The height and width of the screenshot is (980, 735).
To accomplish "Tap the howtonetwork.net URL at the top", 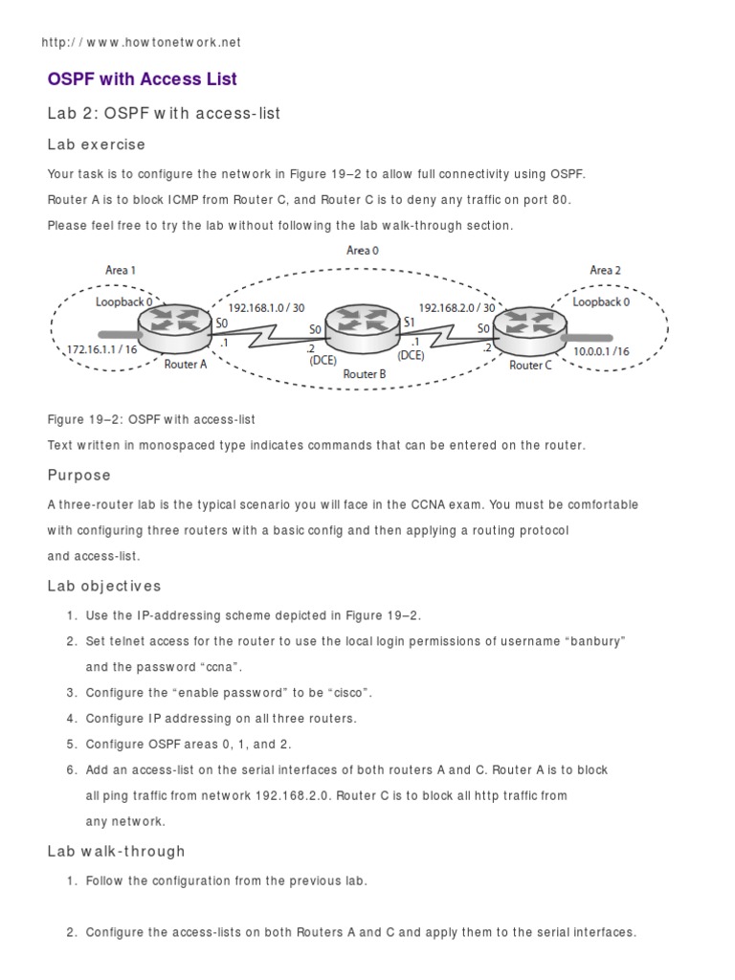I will [x=142, y=42].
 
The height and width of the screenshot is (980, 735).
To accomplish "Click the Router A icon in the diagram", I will [x=175, y=327].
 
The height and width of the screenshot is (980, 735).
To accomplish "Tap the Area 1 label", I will [x=120, y=271].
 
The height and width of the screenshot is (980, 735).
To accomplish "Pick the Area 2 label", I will [x=605, y=271].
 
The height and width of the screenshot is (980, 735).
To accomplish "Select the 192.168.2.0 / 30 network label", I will [x=457, y=307].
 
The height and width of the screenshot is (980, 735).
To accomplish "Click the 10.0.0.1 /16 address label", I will [x=601, y=351].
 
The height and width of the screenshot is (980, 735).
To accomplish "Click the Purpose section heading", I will [x=78, y=475].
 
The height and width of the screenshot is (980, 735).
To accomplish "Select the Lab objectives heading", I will [x=104, y=586].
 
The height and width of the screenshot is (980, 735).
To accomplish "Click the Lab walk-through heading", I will [x=116, y=851].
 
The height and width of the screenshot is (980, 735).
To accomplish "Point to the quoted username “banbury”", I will [x=592, y=641].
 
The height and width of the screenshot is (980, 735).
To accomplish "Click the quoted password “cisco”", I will [x=344, y=692].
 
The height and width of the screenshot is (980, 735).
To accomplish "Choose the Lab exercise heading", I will [x=96, y=145].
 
